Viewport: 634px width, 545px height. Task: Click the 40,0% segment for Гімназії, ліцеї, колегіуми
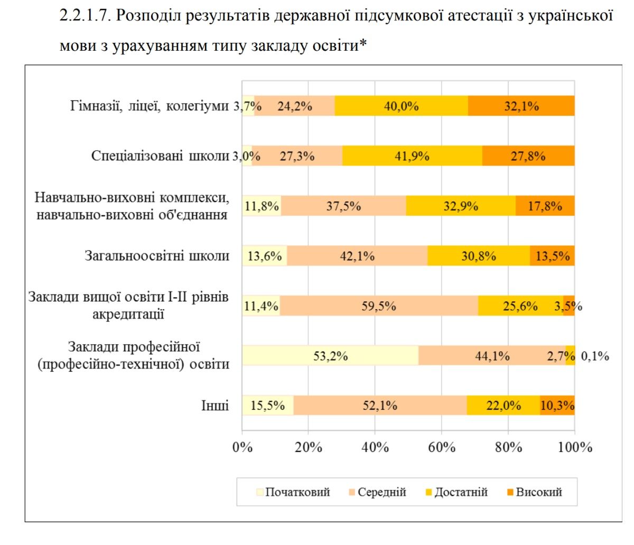[401, 106]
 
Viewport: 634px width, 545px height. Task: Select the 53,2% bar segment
[330, 356]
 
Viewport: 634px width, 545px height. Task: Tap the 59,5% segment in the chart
[379, 306]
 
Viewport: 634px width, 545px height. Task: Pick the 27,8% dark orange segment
[528, 156]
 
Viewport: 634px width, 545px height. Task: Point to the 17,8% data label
[545, 206]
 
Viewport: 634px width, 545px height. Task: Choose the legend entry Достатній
[460, 492]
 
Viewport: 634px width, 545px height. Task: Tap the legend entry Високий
[538, 492]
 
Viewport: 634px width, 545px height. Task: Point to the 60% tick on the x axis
[442, 448]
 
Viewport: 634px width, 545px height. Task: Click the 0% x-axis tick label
[243, 448]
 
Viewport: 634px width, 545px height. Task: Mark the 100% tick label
[575, 448]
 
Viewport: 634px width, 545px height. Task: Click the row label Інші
[215, 406]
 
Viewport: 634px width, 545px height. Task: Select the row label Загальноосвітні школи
[157, 256]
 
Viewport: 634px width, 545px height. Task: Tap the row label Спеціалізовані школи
[160, 156]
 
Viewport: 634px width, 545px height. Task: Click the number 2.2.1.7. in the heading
[85, 15]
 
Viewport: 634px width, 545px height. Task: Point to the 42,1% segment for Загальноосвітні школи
[357, 256]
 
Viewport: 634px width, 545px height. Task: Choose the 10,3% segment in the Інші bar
[557, 406]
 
